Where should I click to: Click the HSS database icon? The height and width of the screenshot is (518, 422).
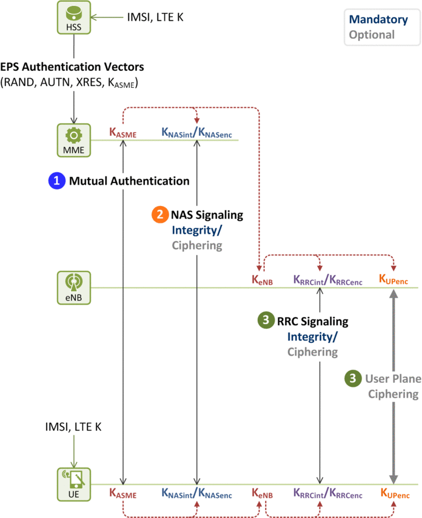coord(72,17)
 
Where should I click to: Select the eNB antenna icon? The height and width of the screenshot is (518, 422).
coord(72,287)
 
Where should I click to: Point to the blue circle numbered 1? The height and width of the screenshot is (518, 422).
coord(56,181)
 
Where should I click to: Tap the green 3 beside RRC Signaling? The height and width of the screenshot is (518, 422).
coord(265,321)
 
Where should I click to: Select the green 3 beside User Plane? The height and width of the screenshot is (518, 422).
coord(354,378)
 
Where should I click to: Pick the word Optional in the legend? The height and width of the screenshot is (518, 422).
coord(372,34)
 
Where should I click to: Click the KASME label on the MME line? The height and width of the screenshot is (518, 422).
coord(123,133)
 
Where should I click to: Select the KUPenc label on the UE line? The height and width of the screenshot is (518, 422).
coord(393,492)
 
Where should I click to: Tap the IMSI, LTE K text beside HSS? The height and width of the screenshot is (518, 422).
coord(155,18)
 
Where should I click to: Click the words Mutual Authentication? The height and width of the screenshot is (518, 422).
coord(129,181)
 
